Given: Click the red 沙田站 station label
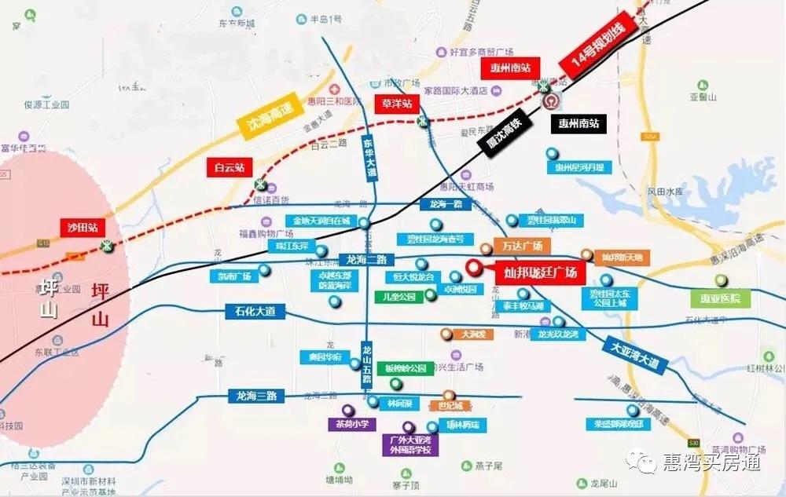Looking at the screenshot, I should coord(82,228).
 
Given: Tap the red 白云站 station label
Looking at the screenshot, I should coord(230,166).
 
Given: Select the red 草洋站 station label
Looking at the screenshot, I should coord(397,104).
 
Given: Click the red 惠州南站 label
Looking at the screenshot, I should coord(510,68).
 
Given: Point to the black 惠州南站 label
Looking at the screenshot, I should coord(578,123).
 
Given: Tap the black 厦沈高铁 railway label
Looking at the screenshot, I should coord(504,134).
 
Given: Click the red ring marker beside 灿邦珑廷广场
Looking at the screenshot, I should coord(474,267).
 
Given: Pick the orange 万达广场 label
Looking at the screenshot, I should coord(522,246).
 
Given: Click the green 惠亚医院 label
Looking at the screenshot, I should coord(721,298).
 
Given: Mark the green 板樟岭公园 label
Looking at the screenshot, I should coord(406,367).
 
